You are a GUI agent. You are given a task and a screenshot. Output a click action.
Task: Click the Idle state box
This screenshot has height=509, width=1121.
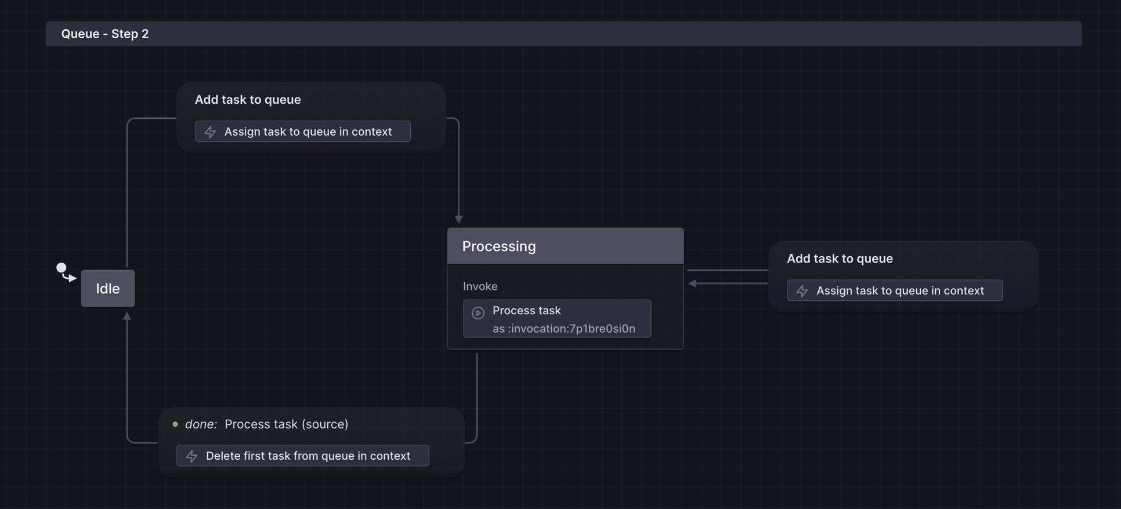coord(108,288)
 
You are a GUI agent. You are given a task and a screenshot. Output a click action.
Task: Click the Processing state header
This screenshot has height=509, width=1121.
coord(565,246)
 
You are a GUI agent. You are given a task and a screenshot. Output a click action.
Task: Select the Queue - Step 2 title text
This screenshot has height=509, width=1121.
coord(105,34)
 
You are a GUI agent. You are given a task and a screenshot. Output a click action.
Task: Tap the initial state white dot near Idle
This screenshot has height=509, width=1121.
coord(61,268)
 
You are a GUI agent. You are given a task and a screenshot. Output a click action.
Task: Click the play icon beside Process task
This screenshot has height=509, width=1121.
coord(478,313)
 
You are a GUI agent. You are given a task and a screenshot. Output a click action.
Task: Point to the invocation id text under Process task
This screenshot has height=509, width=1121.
coord(563,329)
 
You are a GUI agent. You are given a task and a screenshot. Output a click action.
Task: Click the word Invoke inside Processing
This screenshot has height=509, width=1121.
coord(480,286)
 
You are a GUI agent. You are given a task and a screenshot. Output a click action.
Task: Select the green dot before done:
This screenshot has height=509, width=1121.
coord(175,424)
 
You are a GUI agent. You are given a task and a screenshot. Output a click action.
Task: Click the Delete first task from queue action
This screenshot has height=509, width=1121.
coord(303,456)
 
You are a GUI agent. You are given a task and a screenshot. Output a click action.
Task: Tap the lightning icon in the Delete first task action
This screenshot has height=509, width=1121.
coord(191,456)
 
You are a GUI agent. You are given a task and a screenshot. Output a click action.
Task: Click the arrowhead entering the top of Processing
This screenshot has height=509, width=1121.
coord(458,219)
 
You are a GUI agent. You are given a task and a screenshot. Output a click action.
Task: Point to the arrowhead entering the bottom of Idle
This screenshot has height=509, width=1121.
coord(127,317)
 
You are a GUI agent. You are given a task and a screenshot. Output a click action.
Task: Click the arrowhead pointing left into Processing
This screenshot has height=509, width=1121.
coord(692,283)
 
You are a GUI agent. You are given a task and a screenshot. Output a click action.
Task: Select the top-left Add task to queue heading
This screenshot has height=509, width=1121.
coord(248,100)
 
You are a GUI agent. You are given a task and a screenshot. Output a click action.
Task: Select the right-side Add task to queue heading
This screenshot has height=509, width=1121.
coord(840,259)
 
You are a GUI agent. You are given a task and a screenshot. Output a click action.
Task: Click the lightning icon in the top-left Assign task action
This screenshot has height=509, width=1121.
coord(210,132)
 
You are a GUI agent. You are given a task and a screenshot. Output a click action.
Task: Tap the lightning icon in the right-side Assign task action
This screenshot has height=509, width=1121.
coord(802,291)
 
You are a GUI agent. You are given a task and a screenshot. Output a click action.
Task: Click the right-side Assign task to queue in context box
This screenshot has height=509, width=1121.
coord(895,290)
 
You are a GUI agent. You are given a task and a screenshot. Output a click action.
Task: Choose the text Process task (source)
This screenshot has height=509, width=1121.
coord(286,424)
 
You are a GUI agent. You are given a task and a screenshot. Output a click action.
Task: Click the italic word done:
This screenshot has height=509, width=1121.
coord(201,424)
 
